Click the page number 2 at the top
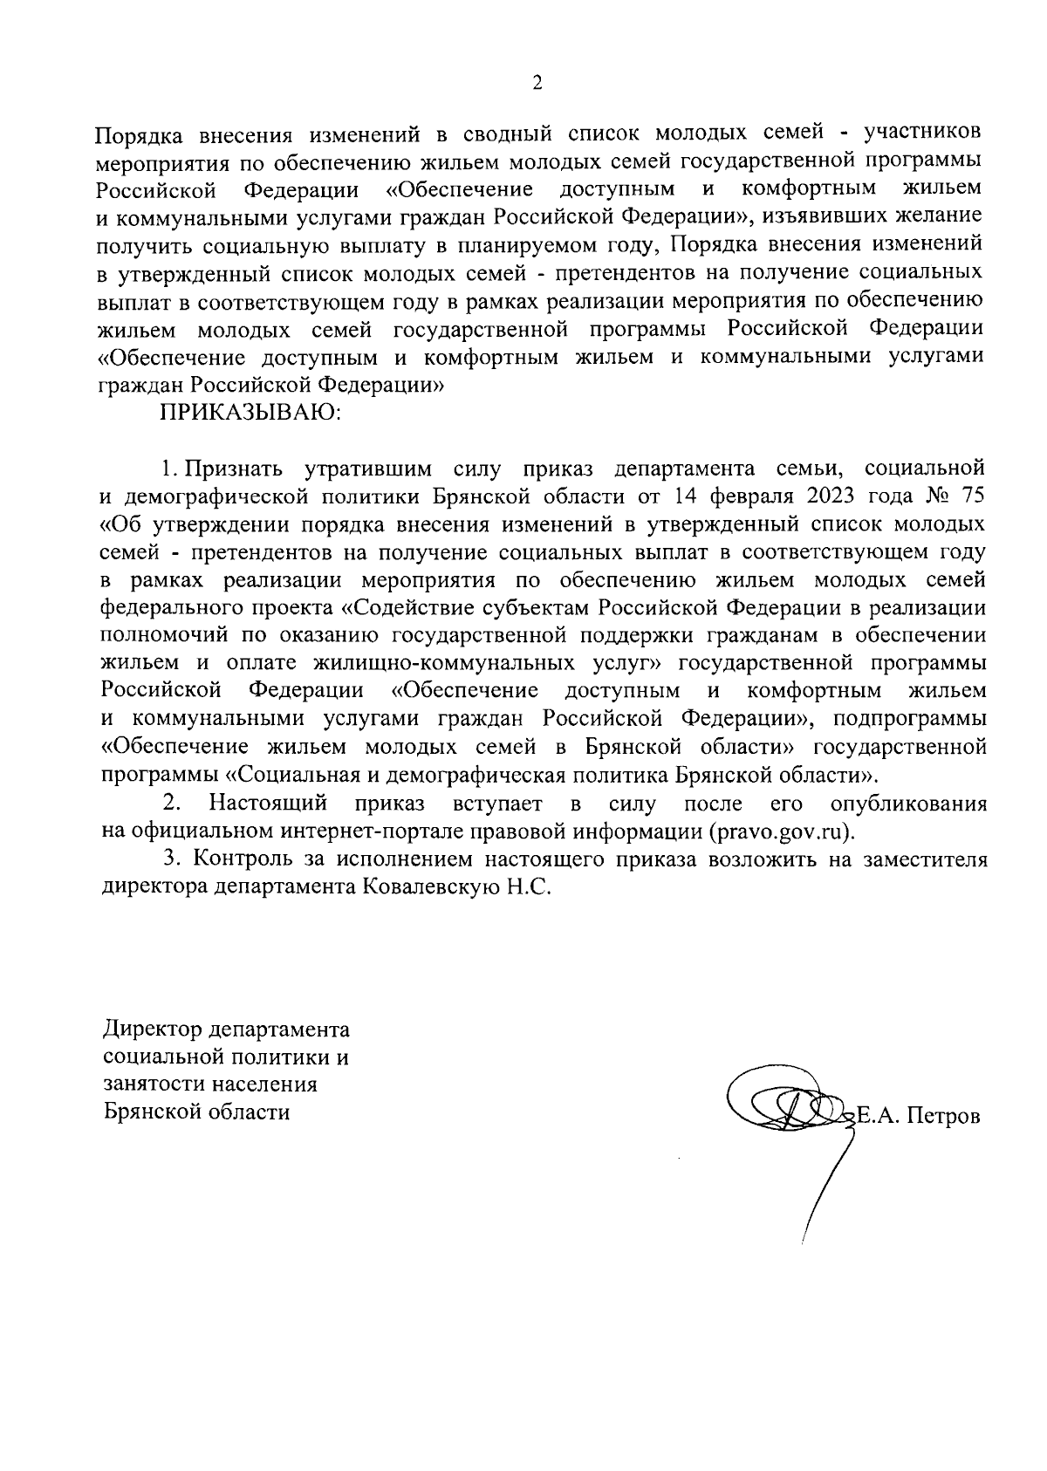tap(537, 84)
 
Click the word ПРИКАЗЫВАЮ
tap(251, 413)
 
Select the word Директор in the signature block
tap(154, 1030)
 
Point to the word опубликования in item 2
tap(909, 802)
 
